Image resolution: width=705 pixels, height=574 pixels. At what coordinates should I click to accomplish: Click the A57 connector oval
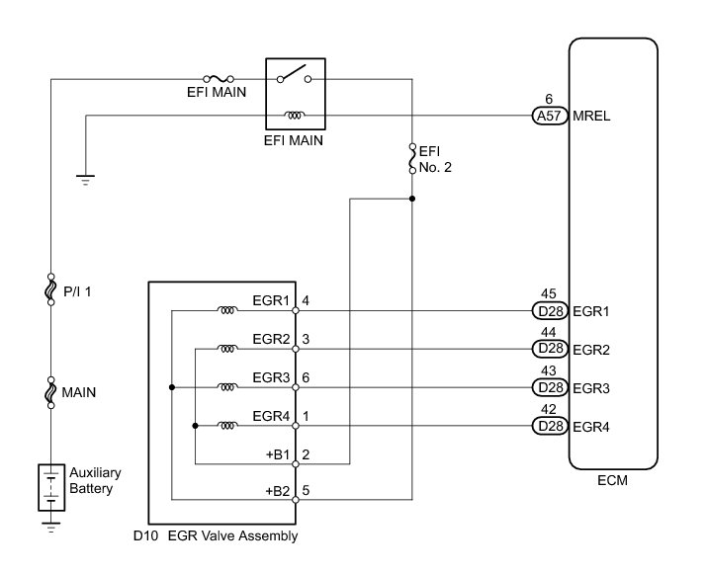click(x=547, y=116)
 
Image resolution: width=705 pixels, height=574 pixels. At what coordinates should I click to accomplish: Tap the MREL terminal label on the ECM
click(x=590, y=116)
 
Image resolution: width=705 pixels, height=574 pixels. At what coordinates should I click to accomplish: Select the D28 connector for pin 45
click(x=547, y=310)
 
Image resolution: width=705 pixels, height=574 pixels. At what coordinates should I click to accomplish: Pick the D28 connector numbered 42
click(x=547, y=426)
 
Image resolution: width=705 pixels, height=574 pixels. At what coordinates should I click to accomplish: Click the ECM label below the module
click(x=613, y=482)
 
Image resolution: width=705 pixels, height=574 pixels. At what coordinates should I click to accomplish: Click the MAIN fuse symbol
click(x=50, y=393)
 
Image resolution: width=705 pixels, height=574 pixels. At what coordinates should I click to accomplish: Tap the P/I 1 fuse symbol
click(x=50, y=291)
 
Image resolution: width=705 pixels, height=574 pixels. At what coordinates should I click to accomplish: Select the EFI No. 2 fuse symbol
click(x=411, y=159)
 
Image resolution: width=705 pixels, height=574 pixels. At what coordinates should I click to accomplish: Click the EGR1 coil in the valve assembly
click(x=226, y=310)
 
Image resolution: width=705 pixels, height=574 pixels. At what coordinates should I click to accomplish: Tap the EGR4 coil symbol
click(x=226, y=426)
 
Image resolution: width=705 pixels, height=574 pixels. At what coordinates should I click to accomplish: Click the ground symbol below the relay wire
click(x=86, y=179)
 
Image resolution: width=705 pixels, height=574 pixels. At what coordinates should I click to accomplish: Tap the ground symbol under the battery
click(x=50, y=530)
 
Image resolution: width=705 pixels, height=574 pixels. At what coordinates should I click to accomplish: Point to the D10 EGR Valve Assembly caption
click(x=215, y=536)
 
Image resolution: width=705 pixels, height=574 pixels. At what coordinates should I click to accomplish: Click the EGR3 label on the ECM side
click(x=590, y=387)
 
